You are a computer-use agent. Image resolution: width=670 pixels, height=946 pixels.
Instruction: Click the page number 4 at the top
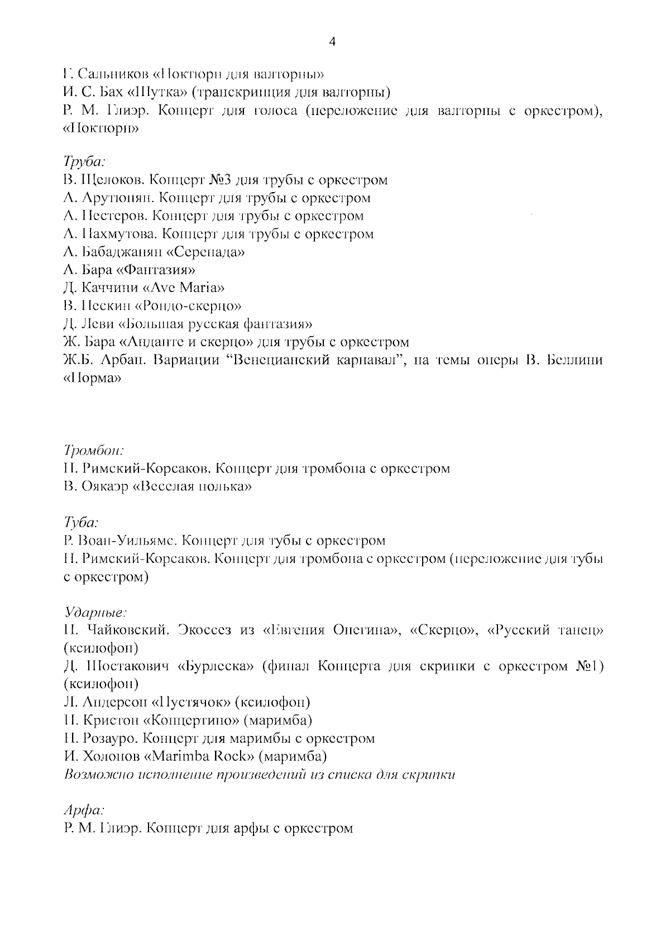pos(333,42)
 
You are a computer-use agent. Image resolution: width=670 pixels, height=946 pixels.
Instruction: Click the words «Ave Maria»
pos(192,288)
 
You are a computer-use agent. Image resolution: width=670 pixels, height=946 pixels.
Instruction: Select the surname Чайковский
pos(127,630)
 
